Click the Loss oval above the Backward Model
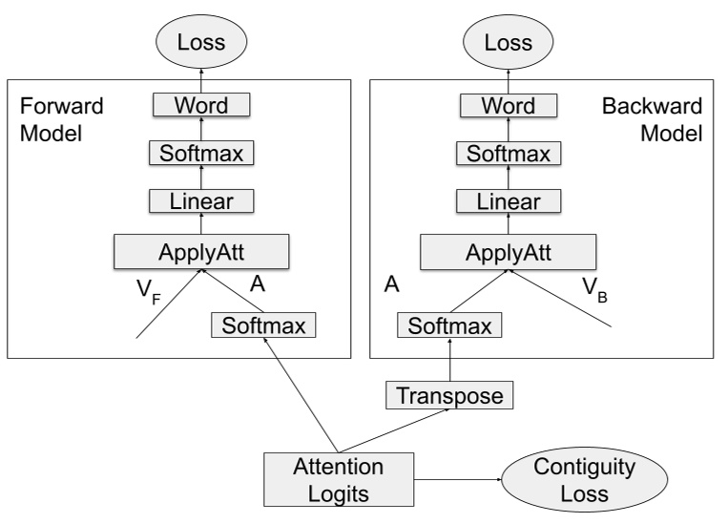click(x=509, y=42)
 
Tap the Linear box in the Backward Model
click(x=509, y=200)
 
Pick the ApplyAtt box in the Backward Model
click(x=509, y=251)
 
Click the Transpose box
click(x=449, y=393)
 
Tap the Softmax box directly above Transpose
click(x=449, y=326)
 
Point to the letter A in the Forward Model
click(x=257, y=283)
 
